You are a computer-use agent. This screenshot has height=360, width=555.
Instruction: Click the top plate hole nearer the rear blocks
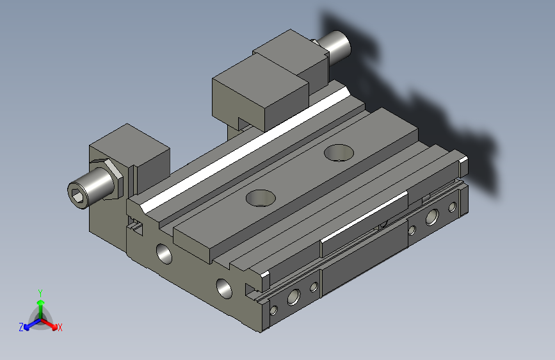tap(339, 152)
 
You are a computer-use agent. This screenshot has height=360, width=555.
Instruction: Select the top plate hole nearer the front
tap(261, 198)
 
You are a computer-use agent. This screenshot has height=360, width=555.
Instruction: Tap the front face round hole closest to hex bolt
tap(165, 252)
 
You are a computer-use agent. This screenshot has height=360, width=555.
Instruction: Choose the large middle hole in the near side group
tap(294, 296)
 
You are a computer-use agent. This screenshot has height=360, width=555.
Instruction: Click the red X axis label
tap(60, 327)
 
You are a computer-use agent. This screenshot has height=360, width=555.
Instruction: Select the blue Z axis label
tap(21, 327)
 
